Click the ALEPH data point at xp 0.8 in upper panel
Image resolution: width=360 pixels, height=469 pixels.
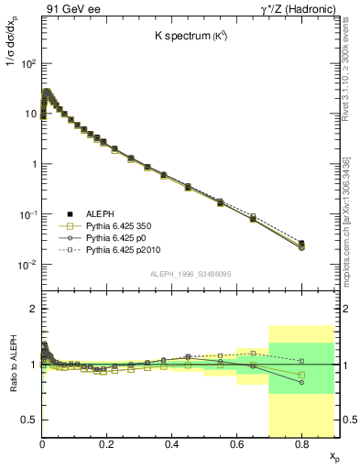(301, 244)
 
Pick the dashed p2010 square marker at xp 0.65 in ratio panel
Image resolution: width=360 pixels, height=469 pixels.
(253, 353)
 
